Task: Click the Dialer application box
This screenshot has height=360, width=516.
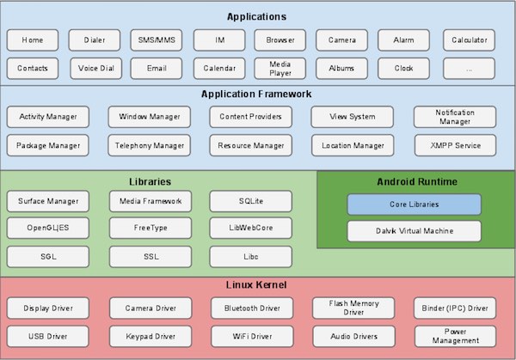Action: tap(94, 40)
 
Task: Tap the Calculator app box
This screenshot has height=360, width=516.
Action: tap(470, 40)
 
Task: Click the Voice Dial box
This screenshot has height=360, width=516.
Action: tap(94, 68)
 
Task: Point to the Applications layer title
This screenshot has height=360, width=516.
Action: tap(257, 16)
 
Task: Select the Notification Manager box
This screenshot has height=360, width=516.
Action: tap(455, 116)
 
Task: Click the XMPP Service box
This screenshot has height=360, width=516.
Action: tap(455, 145)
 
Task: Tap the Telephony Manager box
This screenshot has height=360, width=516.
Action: tap(150, 145)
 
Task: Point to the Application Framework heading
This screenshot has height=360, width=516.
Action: tap(257, 94)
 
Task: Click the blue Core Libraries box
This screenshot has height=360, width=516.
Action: tap(414, 204)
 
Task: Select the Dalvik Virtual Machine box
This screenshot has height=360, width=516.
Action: tap(414, 230)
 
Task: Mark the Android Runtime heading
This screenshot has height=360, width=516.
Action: tap(417, 182)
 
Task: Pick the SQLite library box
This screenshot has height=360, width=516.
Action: tap(250, 202)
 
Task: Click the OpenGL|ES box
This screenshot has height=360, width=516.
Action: tap(47, 229)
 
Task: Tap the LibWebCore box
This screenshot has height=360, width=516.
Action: tap(250, 229)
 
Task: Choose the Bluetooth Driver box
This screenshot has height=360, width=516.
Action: tap(250, 308)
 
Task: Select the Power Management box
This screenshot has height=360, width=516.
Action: tap(455, 335)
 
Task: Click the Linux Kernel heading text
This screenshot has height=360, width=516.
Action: tap(257, 284)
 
